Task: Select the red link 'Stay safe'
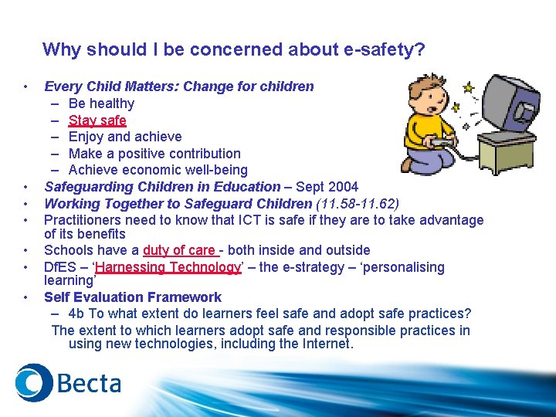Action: pyautogui.click(x=97, y=120)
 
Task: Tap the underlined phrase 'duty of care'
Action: pyautogui.click(x=178, y=250)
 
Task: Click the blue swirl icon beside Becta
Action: pyautogui.click(x=33, y=382)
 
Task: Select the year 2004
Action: pyautogui.click(x=342, y=186)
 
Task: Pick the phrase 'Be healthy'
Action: pyautogui.click(x=101, y=103)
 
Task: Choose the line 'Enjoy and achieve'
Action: pyautogui.click(x=125, y=137)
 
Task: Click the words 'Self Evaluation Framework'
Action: pyautogui.click(x=133, y=297)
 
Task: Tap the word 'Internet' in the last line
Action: pyautogui.click(x=324, y=344)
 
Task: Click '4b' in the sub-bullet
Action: pyautogui.click(x=77, y=314)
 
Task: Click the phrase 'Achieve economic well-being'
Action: pyautogui.click(x=158, y=170)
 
